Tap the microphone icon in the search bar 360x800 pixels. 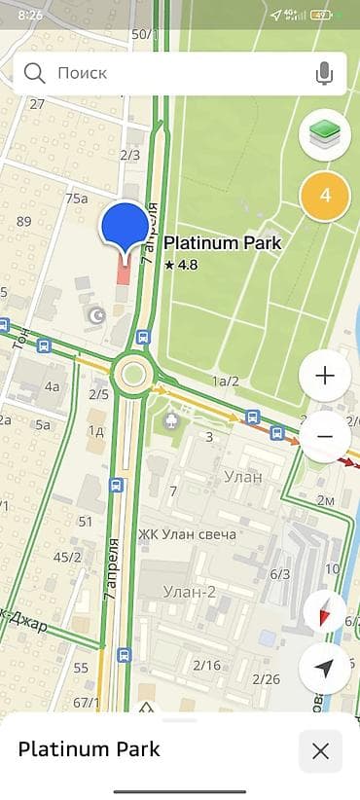[324, 73]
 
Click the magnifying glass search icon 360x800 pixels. [35, 73]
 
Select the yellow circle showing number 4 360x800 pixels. [325, 195]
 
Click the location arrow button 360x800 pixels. [325, 668]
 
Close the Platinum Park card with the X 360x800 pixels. [320, 750]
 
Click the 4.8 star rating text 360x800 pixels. [183, 264]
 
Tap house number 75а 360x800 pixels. [77, 199]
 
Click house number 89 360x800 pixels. [24, 222]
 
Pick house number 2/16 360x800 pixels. [206, 665]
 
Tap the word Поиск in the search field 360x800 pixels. [82, 73]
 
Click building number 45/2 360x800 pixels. [67, 557]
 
